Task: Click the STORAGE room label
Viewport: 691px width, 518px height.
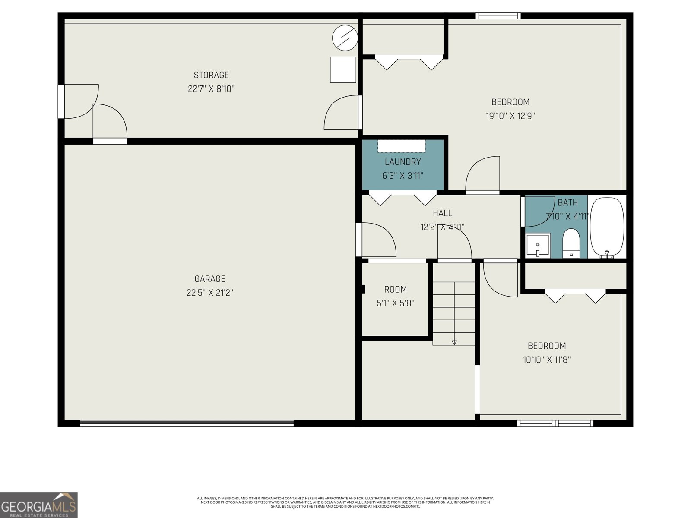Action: [211, 75]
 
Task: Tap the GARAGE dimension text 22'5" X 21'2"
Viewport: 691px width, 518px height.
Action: [210, 293]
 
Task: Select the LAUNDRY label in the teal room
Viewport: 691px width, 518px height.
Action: [403, 162]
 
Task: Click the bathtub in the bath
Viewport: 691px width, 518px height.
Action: [607, 227]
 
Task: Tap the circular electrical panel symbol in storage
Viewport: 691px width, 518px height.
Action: [345, 38]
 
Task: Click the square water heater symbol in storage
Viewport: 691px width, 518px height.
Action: [343, 69]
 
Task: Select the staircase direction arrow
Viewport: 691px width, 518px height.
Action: [454, 342]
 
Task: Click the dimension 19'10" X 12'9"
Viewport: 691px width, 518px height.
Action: [510, 116]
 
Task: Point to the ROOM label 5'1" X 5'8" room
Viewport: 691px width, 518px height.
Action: [396, 290]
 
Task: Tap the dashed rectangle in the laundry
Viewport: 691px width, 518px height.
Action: [402, 146]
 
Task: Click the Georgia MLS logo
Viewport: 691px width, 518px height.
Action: [39, 505]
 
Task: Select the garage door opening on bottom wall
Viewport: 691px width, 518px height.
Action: [187, 424]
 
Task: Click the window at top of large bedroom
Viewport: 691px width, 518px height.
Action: [498, 16]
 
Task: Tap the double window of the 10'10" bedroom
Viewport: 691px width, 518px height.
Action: [555, 423]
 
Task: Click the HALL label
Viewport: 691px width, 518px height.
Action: [443, 213]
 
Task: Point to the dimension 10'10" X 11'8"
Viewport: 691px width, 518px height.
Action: [547, 360]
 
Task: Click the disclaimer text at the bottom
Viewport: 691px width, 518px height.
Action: [345, 502]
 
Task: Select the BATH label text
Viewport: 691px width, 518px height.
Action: [567, 203]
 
